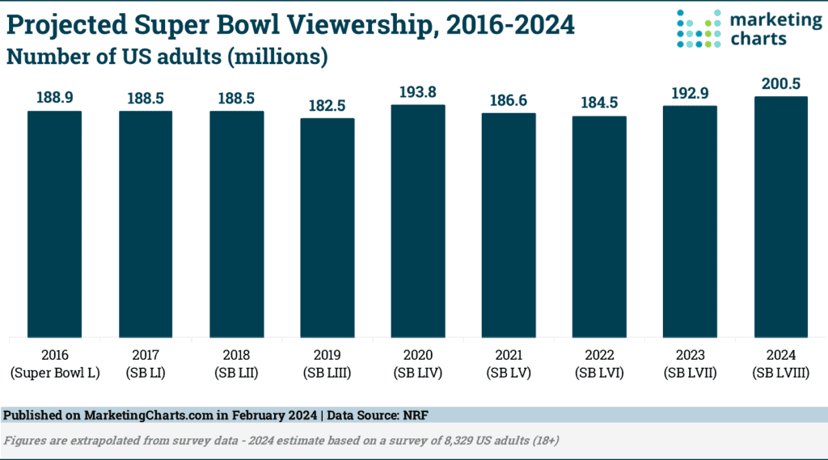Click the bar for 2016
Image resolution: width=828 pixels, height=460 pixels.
click(54, 223)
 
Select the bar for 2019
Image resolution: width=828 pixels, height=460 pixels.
click(327, 227)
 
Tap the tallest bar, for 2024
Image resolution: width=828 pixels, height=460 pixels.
click(781, 217)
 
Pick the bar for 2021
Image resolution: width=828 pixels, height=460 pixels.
click(509, 225)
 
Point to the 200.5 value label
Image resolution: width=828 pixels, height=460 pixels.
click(781, 84)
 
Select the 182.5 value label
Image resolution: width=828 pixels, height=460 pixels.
click(327, 106)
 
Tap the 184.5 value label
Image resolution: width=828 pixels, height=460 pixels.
click(600, 103)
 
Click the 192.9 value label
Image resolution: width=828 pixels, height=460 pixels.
click(691, 93)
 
